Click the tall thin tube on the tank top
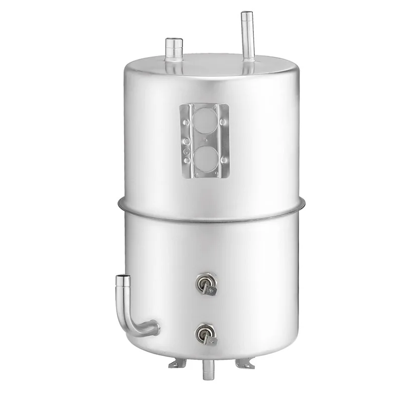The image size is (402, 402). [247, 35]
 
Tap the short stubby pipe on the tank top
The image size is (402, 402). [174, 49]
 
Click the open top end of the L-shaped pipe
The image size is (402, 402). [123, 278]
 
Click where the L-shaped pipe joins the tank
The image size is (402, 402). [155, 328]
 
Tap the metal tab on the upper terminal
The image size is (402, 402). [211, 290]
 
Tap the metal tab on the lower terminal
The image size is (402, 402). [211, 341]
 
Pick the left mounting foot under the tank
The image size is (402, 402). [177, 363]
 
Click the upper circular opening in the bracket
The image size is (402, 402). [205, 121]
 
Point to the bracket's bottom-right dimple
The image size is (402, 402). [223, 160]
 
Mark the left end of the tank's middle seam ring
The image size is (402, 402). [120, 204]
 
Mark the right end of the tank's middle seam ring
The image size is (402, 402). [304, 203]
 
